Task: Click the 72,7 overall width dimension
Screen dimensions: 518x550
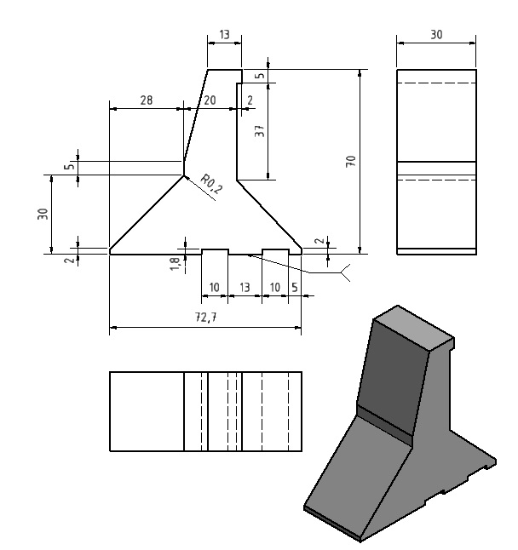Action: (206, 318)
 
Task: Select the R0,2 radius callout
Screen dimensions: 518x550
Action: (211, 184)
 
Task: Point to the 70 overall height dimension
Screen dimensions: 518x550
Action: (351, 162)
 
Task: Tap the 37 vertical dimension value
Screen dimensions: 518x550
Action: (260, 131)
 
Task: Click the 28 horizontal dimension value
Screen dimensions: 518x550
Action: (147, 100)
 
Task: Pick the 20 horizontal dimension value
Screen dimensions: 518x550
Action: (210, 100)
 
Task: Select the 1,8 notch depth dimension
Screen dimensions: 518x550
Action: (175, 264)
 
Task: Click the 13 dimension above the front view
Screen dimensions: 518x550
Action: (224, 34)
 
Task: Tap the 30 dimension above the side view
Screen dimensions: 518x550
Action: (436, 34)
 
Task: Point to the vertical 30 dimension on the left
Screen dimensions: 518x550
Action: (43, 214)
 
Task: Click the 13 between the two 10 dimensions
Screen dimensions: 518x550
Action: (245, 288)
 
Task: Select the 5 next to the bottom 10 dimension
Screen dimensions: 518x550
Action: (295, 288)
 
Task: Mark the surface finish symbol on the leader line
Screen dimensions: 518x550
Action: (345, 272)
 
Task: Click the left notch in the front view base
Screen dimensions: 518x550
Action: (215, 252)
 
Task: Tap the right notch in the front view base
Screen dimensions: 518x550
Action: (275, 252)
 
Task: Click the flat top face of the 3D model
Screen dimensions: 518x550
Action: (413, 328)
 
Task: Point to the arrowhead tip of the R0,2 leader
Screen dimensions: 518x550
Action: (184, 175)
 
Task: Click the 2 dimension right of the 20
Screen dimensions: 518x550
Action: (250, 100)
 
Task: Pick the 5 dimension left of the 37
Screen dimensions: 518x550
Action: (260, 76)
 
